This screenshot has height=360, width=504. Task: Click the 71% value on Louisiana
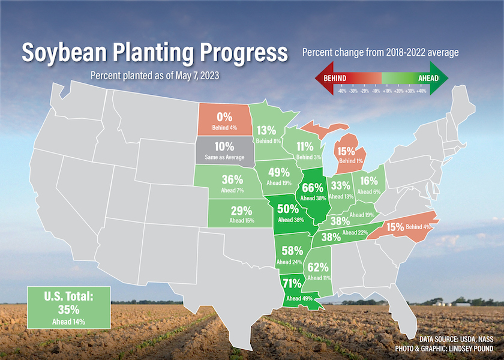292,283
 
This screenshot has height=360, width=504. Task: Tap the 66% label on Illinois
312,187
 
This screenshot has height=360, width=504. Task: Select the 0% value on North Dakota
224,116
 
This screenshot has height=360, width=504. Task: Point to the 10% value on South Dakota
224,146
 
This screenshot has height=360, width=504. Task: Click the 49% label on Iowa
276,173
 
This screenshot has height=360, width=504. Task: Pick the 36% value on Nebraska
232,179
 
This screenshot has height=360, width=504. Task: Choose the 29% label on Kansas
241,211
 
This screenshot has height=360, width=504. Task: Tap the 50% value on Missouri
288,209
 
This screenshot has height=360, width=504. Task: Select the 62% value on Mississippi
318,267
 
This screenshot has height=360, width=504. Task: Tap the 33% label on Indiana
341,185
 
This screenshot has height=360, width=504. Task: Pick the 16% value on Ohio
369,181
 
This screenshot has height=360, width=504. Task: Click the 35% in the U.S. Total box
69,310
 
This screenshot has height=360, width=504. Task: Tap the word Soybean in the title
64,53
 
